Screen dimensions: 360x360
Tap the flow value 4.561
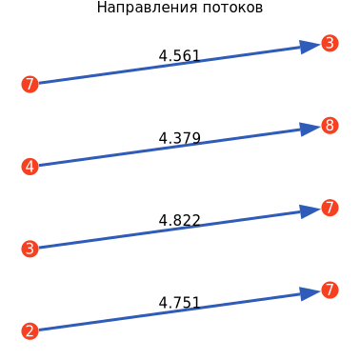click(x=180, y=56)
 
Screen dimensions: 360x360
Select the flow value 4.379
click(x=180, y=138)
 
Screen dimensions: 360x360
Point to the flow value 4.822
click(x=180, y=220)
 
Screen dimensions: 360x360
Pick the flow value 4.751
click(x=180, y=303)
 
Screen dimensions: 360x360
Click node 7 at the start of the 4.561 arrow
click(x=30, y=85)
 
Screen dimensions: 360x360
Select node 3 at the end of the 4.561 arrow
click(x=330, y=43)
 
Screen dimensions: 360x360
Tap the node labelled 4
click(x=30, y=167)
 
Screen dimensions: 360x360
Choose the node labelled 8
click(x=330, y=126)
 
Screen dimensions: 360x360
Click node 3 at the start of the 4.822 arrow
click(x=30, y=249)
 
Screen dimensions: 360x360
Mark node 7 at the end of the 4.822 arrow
click(x=330, y=208)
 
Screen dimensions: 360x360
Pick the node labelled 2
click(x=30, y=331)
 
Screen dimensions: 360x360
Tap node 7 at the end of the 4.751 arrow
click(x=330, y=290)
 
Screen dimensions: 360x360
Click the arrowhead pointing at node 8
click(x=310, y=129)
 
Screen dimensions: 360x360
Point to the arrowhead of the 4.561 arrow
click(x=310, y=47)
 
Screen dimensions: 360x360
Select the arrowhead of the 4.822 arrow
click(x=310, y=211)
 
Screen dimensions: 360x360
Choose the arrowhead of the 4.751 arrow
click(x=310, y=293)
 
